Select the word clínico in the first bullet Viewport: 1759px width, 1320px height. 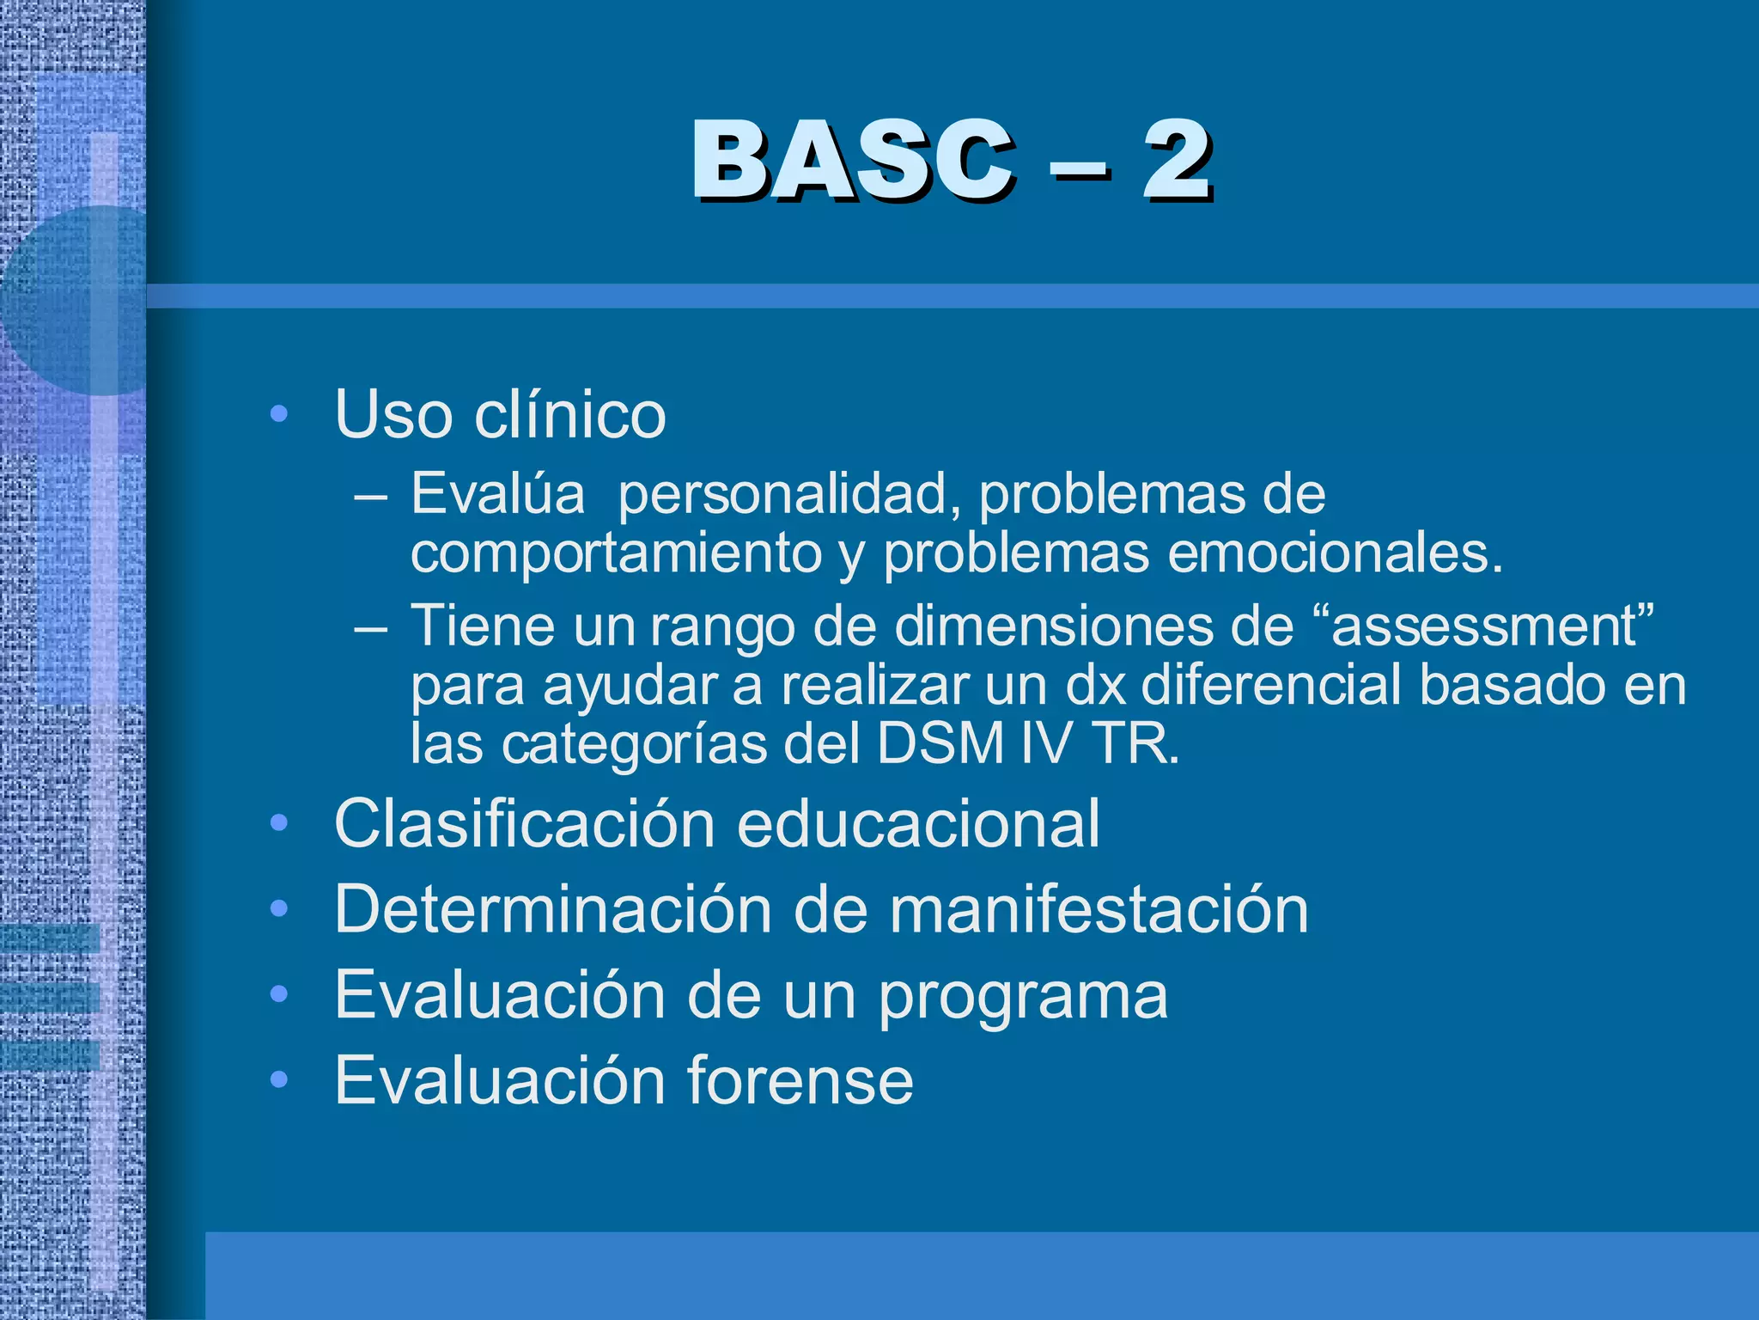click(x=570, y=414)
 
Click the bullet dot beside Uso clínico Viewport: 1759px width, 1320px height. click(x=277, y=415)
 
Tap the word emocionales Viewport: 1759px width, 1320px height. click(x=1336, y=553)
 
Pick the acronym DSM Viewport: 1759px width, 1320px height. click(x=940, y=743)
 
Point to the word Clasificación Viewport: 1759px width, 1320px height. click(x=525, y=823)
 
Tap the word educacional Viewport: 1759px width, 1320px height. click(x=918, y=823)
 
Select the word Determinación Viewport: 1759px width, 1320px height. click(x=553, y=909)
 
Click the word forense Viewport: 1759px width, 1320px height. click(x=800, y=1079)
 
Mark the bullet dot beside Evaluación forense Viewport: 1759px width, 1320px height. click(x=277, y=1080)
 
